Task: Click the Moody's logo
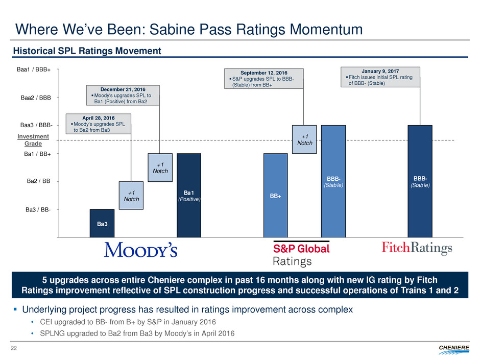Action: [x=140, y=250]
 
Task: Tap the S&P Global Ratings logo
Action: [x=302, y=254]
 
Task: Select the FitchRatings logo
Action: [x=417, y=249]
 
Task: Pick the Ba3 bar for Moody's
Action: [x=102, y=223]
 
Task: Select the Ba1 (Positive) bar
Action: [x=188, y=195]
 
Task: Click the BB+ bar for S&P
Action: [x=275, y=195]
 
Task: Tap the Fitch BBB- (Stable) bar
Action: [x=420, y=181]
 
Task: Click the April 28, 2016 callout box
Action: [x=99, y=124]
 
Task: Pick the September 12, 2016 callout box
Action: [x=264, y=78]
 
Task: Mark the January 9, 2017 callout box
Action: [x=380, y=77]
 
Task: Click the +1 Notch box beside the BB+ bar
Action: [x=304, y=139]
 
